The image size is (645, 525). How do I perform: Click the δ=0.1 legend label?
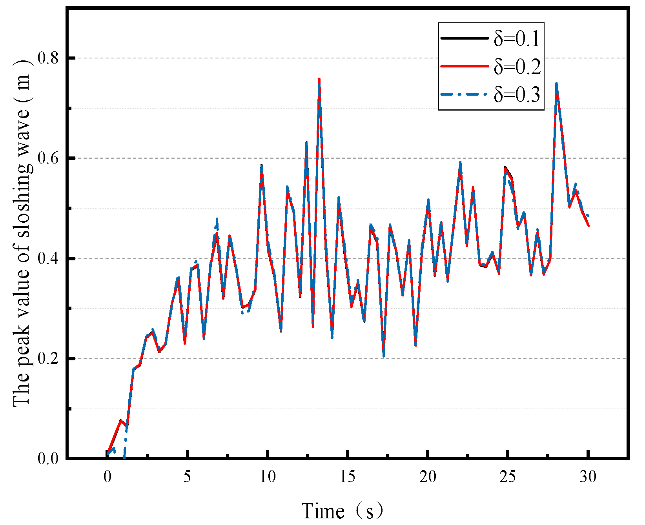coord(517,39)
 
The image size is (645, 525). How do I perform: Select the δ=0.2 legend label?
coord(517,67)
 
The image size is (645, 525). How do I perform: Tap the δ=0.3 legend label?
coord(517,94)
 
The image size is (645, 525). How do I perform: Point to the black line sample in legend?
coord(465,38)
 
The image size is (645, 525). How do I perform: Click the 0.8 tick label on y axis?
coord(48,58)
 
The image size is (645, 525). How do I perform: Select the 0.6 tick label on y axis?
coord(48,158)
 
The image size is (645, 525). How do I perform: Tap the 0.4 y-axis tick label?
coord(48,259)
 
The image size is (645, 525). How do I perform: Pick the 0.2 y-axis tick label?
coord(48,359)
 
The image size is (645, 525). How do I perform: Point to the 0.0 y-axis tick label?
coord(48,459)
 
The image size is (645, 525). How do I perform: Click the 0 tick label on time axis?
coord(107,477)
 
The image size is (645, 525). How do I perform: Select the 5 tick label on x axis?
coord(187,477)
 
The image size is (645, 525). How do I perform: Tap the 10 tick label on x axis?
coord(268,477)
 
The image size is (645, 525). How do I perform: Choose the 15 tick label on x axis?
coord(348,477)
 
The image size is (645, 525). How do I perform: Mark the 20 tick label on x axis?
coord(428,477)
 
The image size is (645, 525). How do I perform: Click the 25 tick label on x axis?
coord(508,477)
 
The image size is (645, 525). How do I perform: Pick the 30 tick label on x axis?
coord(589,477)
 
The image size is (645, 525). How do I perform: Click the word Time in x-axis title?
coord(322,511)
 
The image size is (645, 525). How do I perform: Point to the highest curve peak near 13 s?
coord(319,79)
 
